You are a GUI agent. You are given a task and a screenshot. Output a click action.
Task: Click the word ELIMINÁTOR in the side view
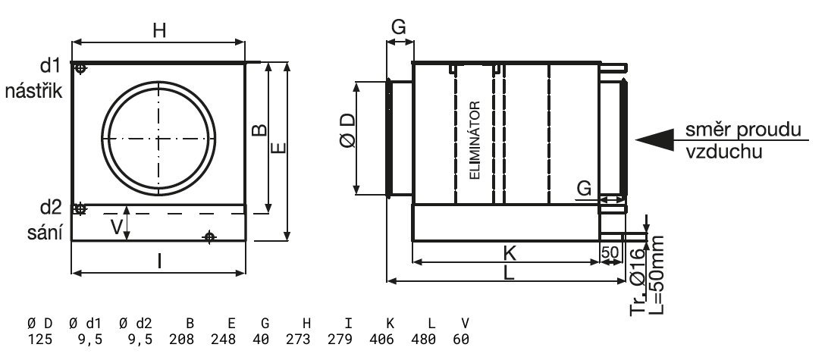[x=475, y=139]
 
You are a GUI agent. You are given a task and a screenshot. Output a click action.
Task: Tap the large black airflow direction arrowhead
[x=654, y=139]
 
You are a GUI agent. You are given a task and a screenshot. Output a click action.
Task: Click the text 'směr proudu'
[x=743, y=130]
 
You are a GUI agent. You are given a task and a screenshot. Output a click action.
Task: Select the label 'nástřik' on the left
[x=33, y=91]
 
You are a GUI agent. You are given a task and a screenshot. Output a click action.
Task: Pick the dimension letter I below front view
[x=159, y=261]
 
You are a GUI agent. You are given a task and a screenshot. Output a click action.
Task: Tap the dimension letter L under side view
[x=509, y=275]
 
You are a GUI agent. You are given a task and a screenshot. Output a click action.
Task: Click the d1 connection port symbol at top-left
[x=81, y=70]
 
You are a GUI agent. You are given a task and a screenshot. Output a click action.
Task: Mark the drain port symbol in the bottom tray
[x=210, y=237]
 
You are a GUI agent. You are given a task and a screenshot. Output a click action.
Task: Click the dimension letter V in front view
[x=115, y=225]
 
